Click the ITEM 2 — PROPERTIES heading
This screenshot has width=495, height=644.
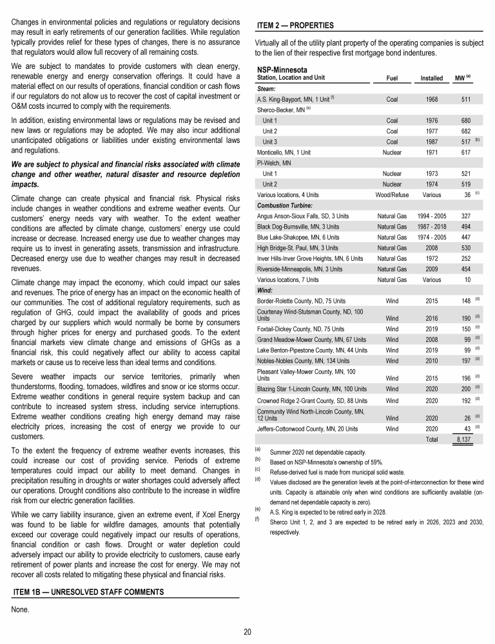[295, 26]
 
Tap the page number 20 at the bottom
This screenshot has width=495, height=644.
[247, 631]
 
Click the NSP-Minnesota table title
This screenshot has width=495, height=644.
[282, 70]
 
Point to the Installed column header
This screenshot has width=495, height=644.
[431, 79]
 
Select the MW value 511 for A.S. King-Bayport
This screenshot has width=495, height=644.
[461, 100]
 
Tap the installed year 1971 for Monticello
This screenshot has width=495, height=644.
[431, 152]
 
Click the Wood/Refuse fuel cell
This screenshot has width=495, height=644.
[391, 194]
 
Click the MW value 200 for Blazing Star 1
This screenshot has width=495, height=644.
[461, 388]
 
